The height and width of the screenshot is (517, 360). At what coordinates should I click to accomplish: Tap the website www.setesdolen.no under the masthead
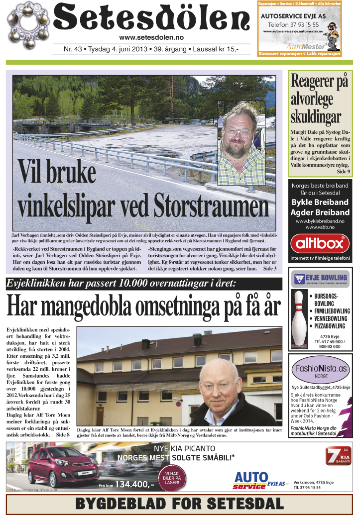pos(152,37)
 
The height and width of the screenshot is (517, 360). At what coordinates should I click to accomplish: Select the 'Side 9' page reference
pos(343,171)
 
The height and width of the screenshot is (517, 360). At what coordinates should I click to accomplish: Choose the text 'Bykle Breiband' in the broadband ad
pos(320,202)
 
